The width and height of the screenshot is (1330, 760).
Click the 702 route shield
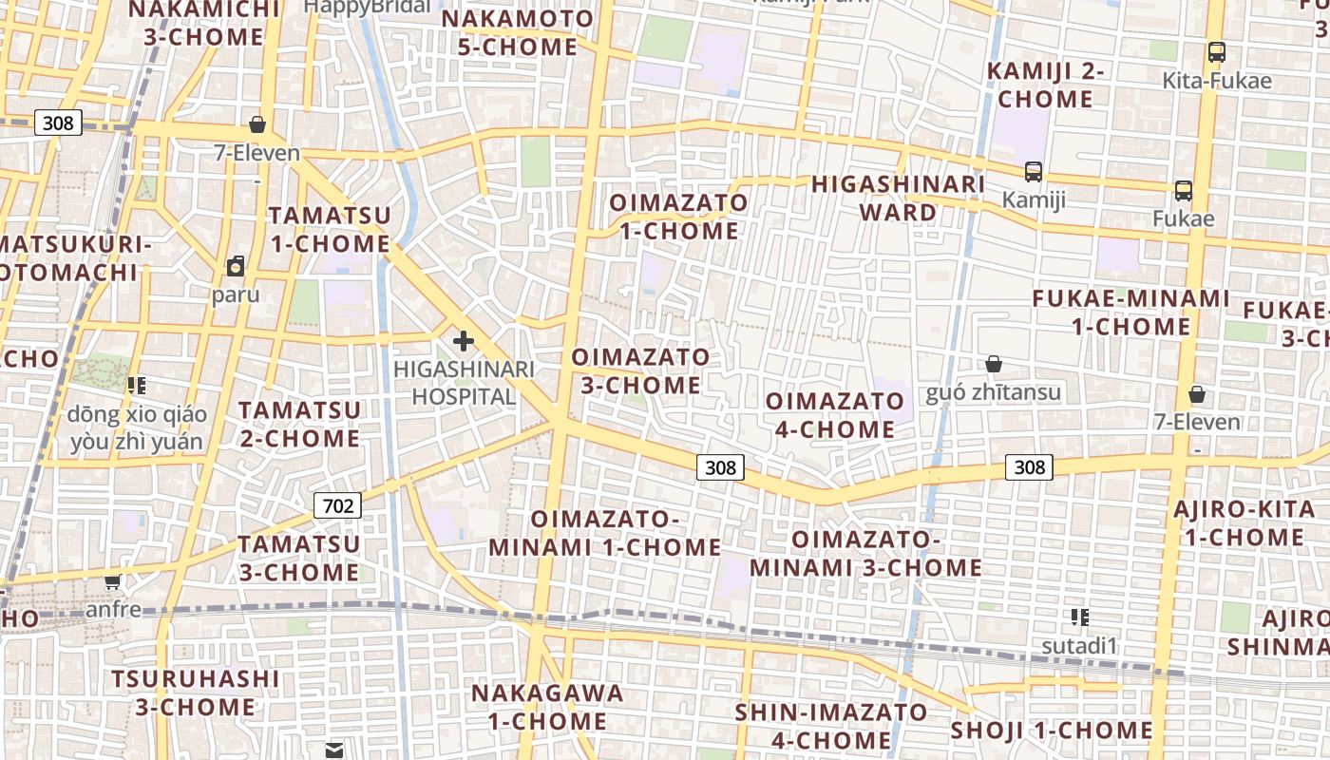338,505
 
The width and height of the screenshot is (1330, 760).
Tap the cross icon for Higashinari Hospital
464,340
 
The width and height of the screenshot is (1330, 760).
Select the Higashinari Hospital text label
465,382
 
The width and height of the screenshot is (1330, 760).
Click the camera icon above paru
236,266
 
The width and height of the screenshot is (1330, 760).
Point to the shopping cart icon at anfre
113,580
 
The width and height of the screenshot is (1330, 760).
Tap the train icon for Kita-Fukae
1216,52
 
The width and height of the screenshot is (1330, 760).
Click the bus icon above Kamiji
1034,172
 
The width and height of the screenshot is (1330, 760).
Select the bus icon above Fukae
1184,191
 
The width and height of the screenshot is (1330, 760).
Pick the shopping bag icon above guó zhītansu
993,364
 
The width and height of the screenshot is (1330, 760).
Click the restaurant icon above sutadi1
1079,617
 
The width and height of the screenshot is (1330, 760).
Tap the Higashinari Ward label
898,198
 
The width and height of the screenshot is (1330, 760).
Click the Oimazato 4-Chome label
835,415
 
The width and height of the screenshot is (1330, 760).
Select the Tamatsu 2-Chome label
299,425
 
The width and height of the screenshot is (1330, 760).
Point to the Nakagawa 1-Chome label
548,707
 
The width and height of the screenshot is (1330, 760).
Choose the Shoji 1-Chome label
1052,731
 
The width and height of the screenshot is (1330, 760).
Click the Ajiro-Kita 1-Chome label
1244,523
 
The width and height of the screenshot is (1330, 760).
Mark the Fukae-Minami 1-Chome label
1131,313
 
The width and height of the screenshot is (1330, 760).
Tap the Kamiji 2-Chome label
1046,85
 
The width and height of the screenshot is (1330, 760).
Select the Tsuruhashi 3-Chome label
196,693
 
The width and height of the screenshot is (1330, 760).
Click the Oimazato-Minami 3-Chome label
866,554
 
